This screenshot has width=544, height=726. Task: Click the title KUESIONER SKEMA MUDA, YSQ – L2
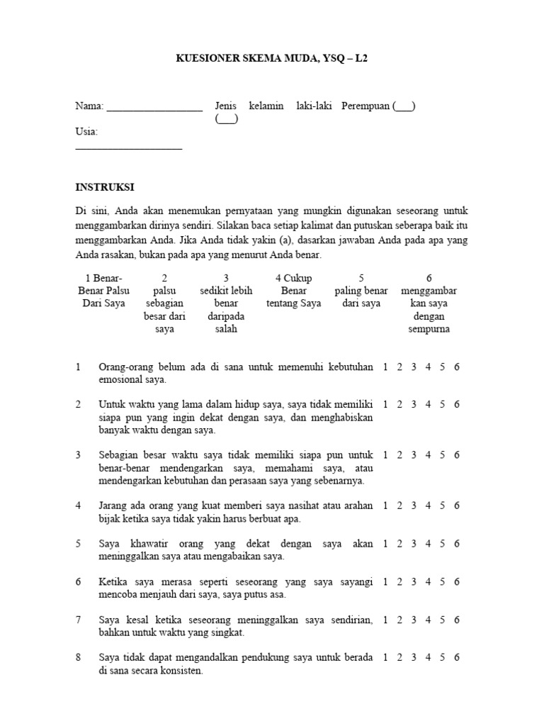coord(272,60)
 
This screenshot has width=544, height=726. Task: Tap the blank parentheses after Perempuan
coord(404,106)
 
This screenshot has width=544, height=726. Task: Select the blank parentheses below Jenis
coord(227,119)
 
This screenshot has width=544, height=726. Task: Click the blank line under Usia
coord(128,147)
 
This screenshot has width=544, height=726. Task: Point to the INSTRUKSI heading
coord(105,187)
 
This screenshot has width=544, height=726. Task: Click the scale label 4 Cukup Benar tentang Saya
coord(293,291)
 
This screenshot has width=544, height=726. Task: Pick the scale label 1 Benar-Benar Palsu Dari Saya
coord(100,291)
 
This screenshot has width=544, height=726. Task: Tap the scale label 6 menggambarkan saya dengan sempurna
coord(429,303)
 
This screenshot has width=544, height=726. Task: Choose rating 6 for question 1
coord(457,367)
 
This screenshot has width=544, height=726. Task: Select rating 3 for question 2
coord(414,404)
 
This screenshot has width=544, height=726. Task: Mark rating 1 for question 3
coord(385,455)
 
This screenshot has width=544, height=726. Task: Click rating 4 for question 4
coord(428,506)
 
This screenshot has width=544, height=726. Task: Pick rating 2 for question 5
coord(399,544)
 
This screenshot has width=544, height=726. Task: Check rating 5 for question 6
coord(443,582)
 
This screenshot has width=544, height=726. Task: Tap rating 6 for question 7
coord(457,620)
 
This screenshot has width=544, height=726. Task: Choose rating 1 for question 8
coord(385,657)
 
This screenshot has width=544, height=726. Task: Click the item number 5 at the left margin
coord(79,544)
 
